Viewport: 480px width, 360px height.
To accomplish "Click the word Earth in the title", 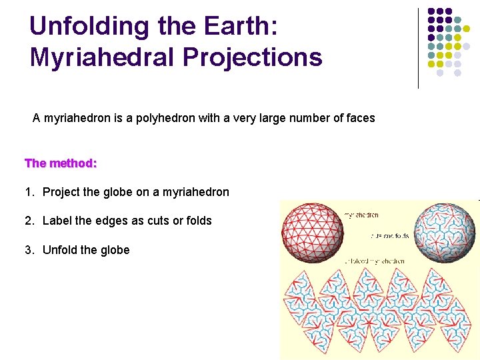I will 241,26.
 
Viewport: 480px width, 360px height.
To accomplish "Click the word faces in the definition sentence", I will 359,118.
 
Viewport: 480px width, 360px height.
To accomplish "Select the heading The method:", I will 61,163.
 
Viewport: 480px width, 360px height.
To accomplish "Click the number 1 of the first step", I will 28,192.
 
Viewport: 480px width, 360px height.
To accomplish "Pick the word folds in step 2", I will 197,221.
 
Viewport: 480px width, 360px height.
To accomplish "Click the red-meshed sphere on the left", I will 313,231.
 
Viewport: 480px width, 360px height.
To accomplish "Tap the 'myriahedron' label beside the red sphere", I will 361,215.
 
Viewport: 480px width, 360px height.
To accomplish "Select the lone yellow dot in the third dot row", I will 466,29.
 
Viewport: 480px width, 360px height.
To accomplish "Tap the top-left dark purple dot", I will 431,12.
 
